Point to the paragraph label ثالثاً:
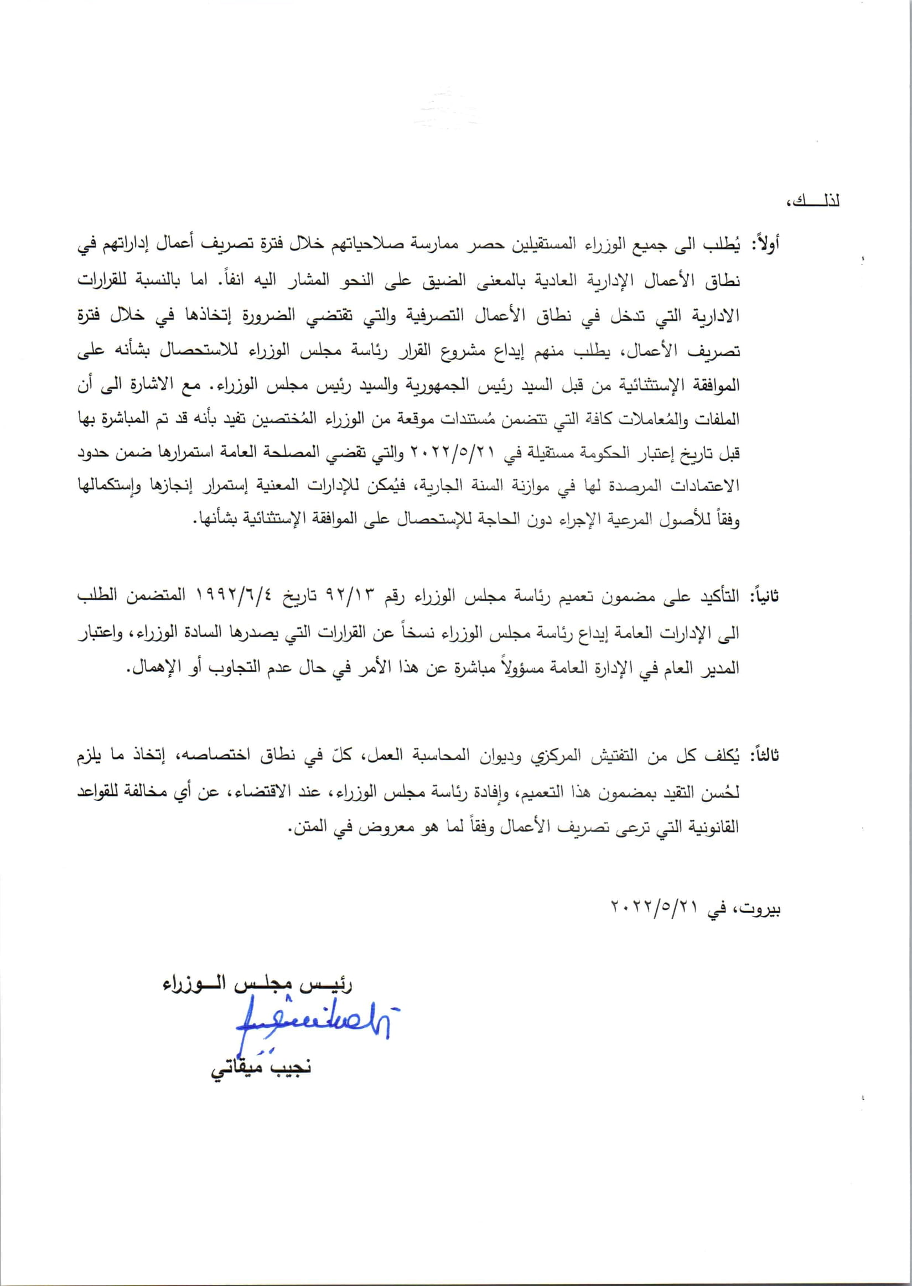click(x=764, y=756)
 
